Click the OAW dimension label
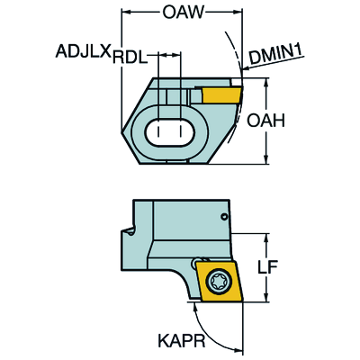coord(184,13)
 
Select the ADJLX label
coord(83,51)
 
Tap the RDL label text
coord(130,57)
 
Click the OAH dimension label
coord(265,121)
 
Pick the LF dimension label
coord(267,267)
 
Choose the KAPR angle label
coord(182,340)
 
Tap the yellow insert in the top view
coord(222,94)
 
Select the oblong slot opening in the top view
coord(170,132)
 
